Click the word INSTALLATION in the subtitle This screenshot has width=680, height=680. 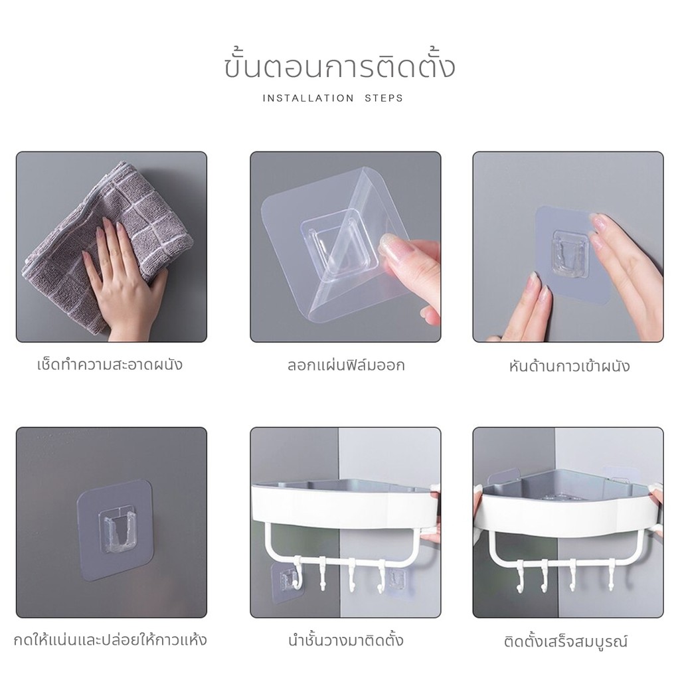(x=308, y=98)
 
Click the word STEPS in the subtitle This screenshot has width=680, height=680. (x=384, y=98)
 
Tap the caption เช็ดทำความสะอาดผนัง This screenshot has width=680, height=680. (x=110, y=364)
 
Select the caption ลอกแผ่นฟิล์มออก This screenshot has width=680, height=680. (x=345, y=365)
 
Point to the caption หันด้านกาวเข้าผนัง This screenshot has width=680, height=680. (x=569, y=366)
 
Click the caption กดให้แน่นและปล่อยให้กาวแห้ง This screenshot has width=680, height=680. (x=110, y=639)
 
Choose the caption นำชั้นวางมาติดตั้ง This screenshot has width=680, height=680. (x=345, y=640)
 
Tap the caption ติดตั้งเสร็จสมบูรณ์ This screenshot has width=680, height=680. (x=566, y=641)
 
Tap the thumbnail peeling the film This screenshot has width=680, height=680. (x=345, y=247)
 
